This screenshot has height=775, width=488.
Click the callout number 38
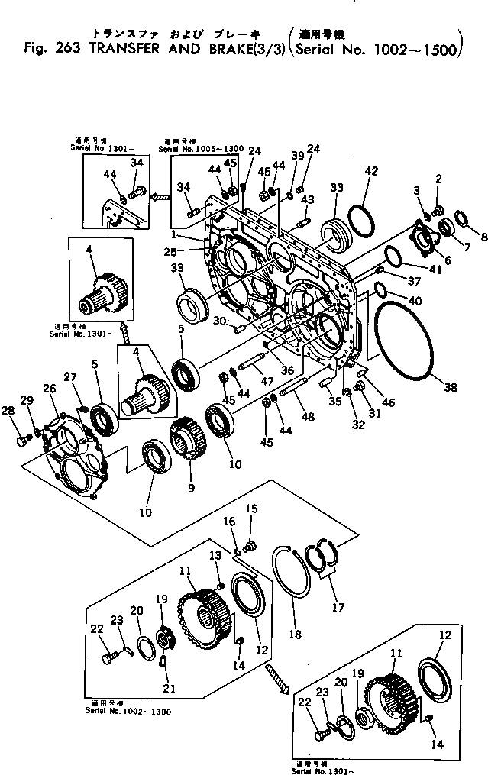[451, 387]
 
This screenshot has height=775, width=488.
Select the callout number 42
[371, 173]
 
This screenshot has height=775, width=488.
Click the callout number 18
[294, 634]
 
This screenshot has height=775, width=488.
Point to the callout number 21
[169, 688]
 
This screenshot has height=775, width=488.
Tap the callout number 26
[50, 389]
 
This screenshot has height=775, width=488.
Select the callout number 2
[439, 178]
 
